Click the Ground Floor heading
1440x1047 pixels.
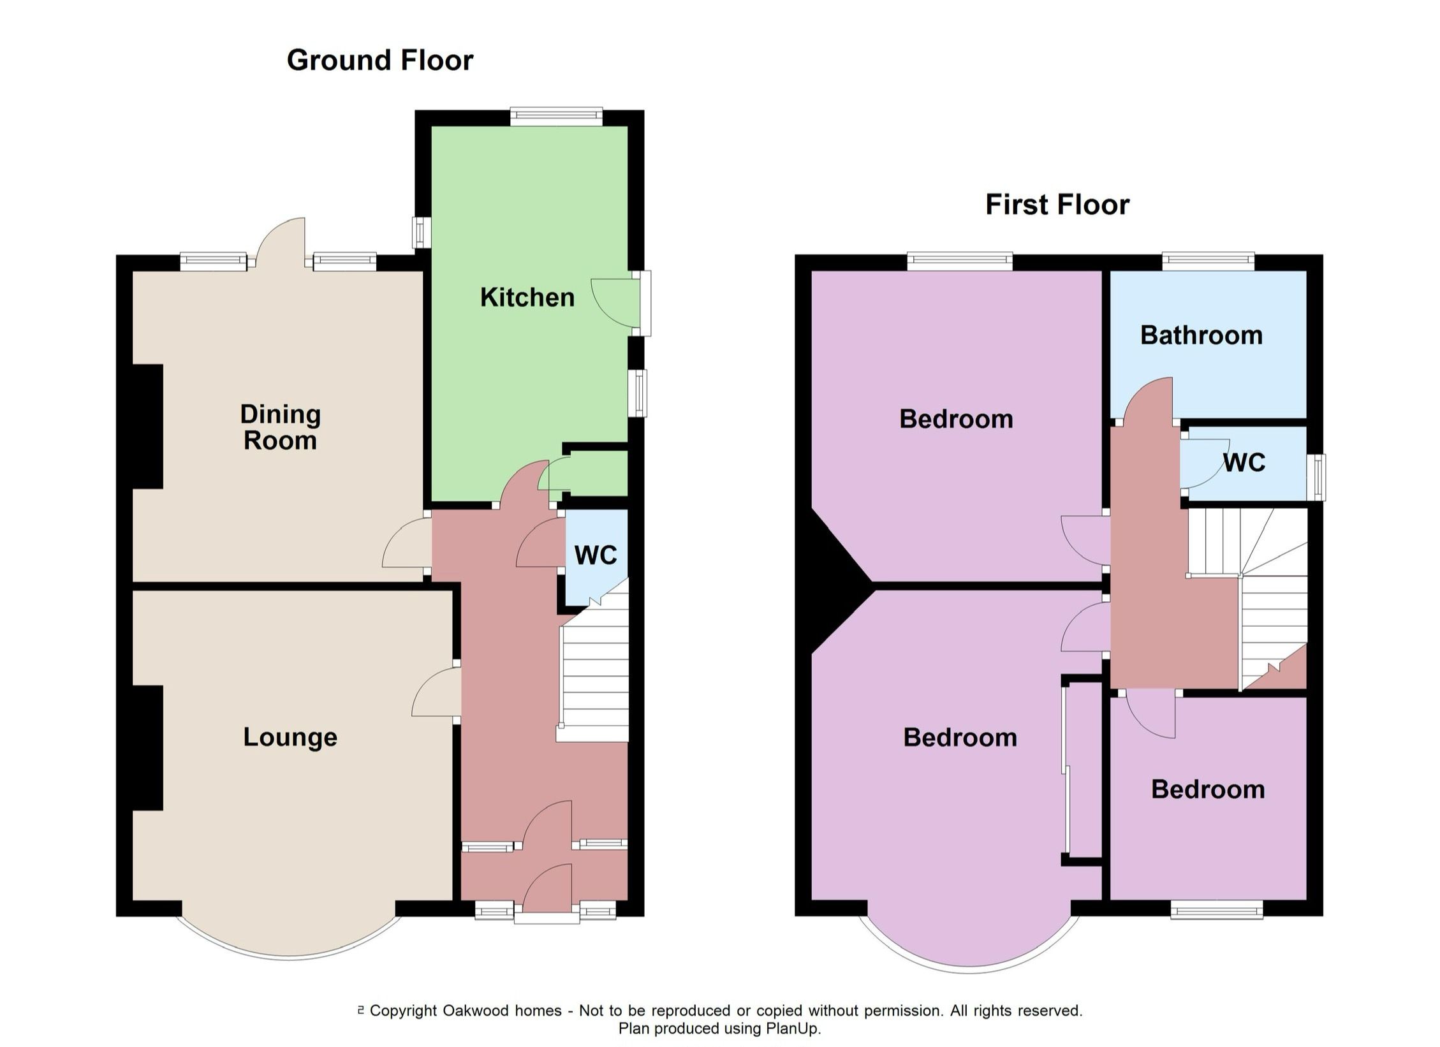tap(380, 61)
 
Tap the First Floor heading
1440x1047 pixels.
tap(1057, 205)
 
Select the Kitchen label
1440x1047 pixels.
tap(527, 298)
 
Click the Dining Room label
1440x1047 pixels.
tap(280, 427)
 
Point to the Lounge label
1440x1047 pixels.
tap(290, 737)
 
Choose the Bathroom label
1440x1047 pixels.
tap(1201, 335)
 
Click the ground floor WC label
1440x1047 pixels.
tap(596, 555)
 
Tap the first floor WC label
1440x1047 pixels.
tap(1244, 462)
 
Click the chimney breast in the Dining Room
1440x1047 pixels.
tap(147, 427)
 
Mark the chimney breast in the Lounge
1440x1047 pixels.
tap(147, 748)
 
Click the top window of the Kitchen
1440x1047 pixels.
tap(556, 115)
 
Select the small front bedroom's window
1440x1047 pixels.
tap(1217, 909)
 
